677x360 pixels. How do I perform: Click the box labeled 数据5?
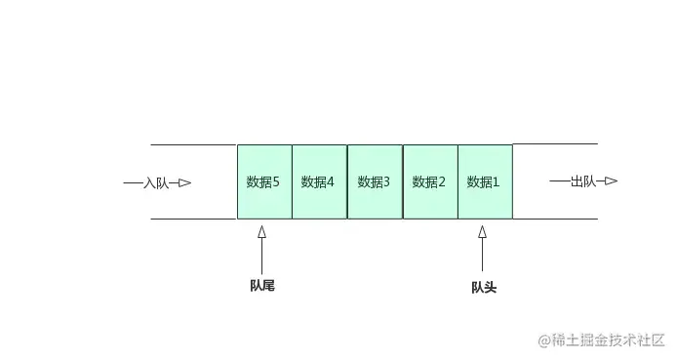click(x=264, y=181)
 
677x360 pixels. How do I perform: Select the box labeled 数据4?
click(x=320, y=181)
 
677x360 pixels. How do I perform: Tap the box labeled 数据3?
click(x=375, y=181)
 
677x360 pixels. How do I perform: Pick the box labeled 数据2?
click(x=430, y=181)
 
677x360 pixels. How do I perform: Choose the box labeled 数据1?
click(x=485, y=181)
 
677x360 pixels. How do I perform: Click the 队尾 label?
click(x=262, y=285)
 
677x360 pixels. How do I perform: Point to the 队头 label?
click(x=484, y=288)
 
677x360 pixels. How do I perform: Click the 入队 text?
click(x=156, y=183)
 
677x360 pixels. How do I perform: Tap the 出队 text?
click(x=583, y=181)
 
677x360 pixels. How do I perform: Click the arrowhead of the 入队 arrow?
click(x=184, y=183)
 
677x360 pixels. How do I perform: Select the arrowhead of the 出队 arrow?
click(x=611, y=180)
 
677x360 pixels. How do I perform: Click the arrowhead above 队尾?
click(x=261, y=232)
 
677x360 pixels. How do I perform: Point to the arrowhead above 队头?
click(x=482, y=232)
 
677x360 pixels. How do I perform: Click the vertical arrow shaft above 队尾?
click(x=261, y=256)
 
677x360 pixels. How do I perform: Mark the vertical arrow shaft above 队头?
click(x=482, y=255)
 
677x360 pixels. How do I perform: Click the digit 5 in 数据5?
click(x=276, y=182)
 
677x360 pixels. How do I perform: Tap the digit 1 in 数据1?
click(x=497, y=182)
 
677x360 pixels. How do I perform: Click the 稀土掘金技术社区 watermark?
click(x=608, y=340)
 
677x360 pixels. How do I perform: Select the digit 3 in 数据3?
click(x=386, y=182)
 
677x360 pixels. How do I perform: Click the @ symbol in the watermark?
click(x=544, y=340)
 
